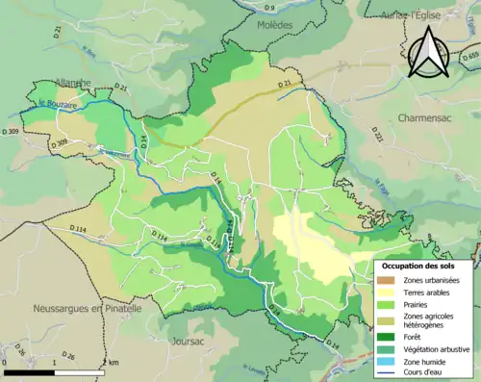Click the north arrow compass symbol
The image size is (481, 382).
pyautogui.click(x=431, y=52)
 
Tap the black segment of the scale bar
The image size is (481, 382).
pyautogui.click(x=29, y=372)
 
